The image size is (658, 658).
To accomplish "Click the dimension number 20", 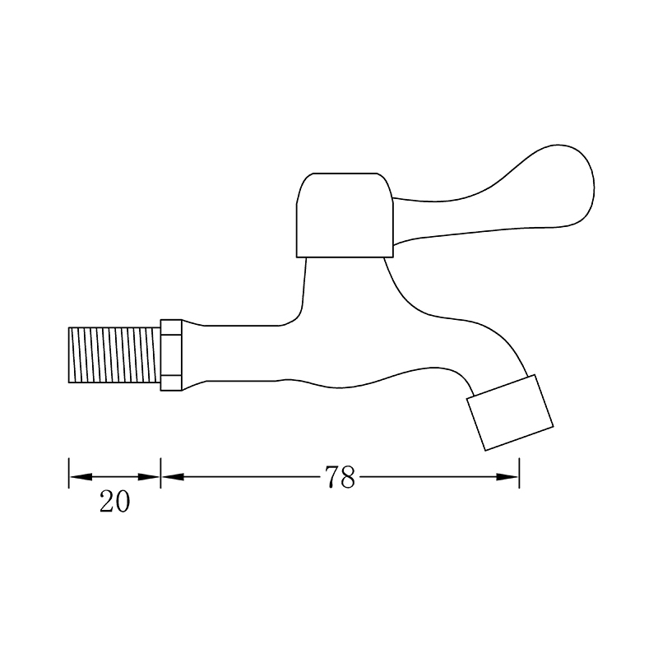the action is tap(115, 502).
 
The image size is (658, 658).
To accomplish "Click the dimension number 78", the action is tap(340, 477).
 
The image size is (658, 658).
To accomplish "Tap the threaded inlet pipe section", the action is tap(114, 355).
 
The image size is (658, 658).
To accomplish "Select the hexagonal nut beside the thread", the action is tap(171, 355).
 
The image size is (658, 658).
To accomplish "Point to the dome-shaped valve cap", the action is tap(345, 215).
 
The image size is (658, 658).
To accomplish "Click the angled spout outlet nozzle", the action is tap(510, 413).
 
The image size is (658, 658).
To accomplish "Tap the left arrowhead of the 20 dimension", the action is tap(81, 477).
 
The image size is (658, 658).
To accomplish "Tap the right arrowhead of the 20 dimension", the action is tap(149, 477).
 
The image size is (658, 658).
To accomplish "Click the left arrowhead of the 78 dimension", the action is tap(173, 477).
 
